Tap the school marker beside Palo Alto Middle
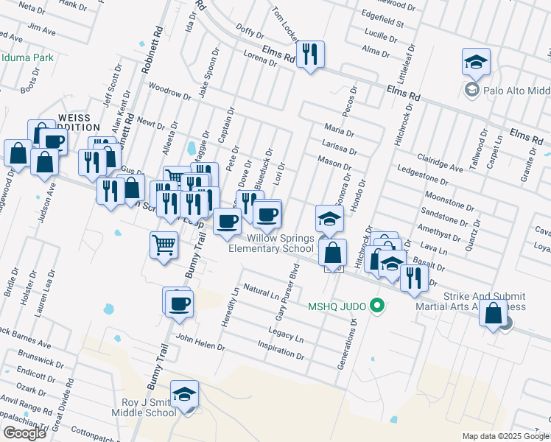point(476,63)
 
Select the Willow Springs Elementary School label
point(271,243)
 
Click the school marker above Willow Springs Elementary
point(329,219)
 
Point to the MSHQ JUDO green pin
point(378,304)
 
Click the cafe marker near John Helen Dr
point(178,302)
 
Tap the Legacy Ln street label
point(289,336)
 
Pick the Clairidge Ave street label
point(440,163)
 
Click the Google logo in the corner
point(24,433)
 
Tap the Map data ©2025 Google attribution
point(505,436)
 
